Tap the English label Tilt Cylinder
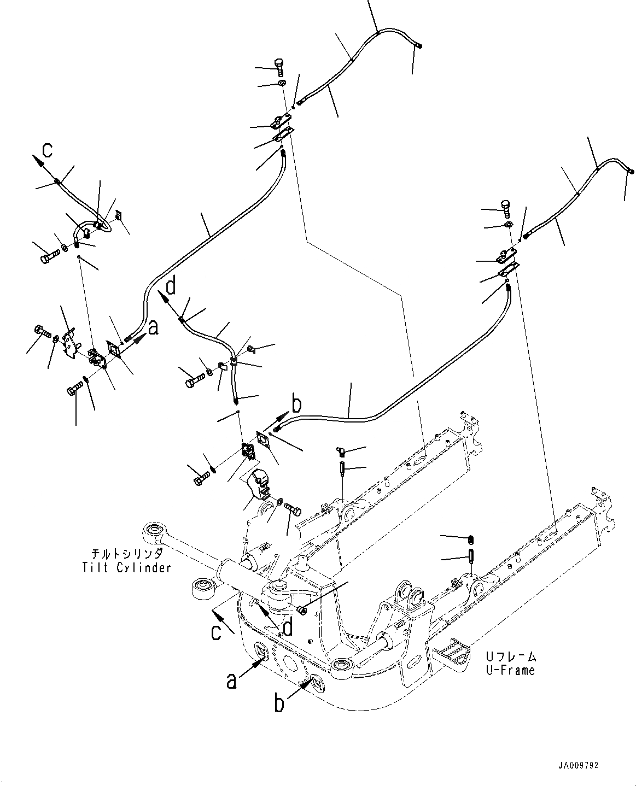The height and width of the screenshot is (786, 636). (126, 567)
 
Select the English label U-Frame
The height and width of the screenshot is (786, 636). (510, 670)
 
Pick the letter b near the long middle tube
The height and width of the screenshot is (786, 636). (296, 405)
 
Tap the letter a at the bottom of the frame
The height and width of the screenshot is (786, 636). (232, 681)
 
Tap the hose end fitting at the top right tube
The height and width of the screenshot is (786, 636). (630, 171)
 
